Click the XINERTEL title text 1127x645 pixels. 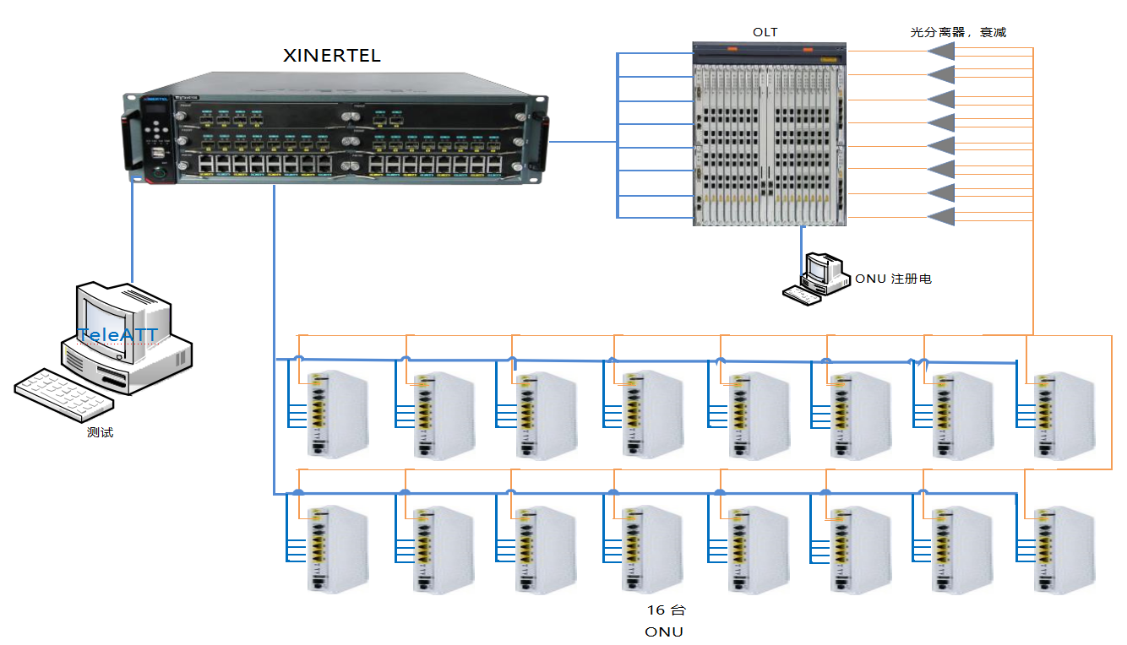[331, 57]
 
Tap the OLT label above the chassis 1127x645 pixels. [765, 32]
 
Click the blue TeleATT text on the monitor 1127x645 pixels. [117, 335]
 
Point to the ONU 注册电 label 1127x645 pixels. [893, 279]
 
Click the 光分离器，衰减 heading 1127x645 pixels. [958, 32]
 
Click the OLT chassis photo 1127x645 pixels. [769, 133]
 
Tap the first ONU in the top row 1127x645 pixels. [336, 415]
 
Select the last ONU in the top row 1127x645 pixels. [1064, 415]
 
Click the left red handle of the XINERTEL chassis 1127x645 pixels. [130, 140]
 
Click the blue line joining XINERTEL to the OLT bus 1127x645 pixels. [583, 141]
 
